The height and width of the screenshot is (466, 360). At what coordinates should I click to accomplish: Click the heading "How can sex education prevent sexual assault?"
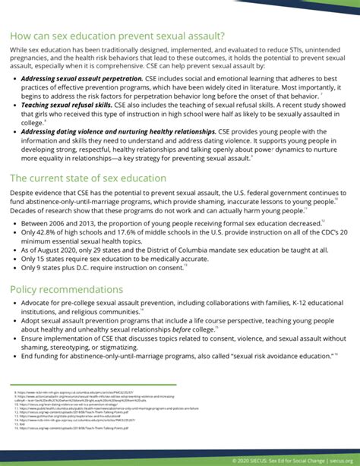click(118, 35)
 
